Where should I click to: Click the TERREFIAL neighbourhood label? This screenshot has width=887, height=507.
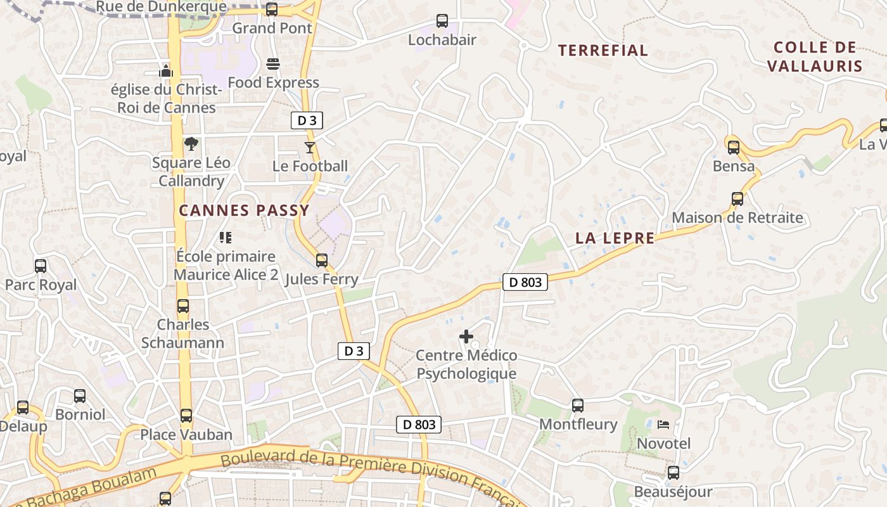point(603,51)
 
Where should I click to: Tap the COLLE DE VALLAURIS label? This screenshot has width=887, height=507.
point(815,56)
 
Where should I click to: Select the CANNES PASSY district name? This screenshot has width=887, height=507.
point(244,210)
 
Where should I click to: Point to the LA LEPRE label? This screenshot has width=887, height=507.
point(615,238)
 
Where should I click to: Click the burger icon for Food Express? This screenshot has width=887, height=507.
point(273,64)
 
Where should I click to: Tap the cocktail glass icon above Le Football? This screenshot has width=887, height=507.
point(310,148)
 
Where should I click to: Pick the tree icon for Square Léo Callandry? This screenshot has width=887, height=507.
point(191,144)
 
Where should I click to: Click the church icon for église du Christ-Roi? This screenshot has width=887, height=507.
point(166,70)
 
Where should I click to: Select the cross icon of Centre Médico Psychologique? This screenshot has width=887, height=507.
point(466,337)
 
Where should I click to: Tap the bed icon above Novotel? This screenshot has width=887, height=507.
point(663,424)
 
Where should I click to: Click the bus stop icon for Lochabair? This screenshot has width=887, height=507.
point(442,21)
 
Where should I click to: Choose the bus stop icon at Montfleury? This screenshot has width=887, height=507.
point(578,405)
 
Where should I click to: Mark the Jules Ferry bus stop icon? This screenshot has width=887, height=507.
point(322,260)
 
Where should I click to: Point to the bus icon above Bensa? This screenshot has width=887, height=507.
point(734,148)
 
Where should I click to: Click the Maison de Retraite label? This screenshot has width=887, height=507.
point(737,218)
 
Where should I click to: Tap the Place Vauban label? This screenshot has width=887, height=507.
point(186,435)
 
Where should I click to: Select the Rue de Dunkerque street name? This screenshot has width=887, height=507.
point(161,7)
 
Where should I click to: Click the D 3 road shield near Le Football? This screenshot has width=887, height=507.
point(307,120)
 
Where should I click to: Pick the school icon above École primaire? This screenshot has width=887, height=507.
point(226,238)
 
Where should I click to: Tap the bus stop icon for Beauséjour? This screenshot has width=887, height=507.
point(673,473)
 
